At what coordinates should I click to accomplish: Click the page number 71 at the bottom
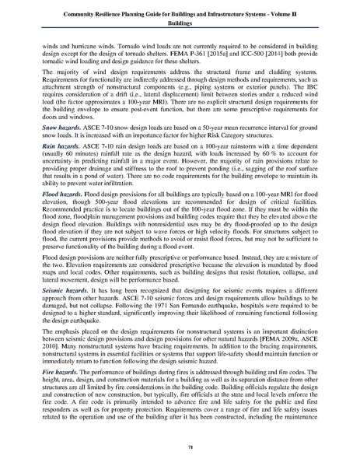[179, 449]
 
